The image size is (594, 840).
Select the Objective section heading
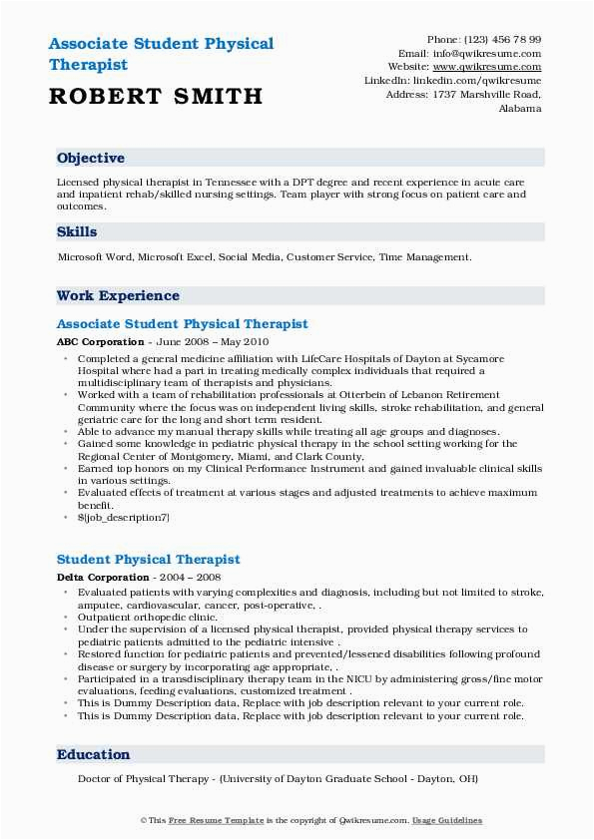(91, 158)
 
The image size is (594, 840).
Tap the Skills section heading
(77, 231)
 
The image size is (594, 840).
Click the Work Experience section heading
(118, 295)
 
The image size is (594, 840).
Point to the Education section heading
(93, 755)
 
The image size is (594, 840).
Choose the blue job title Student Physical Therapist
(148, 560)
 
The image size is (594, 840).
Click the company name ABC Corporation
(101, 341)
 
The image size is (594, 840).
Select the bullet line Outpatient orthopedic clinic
(147, 618)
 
